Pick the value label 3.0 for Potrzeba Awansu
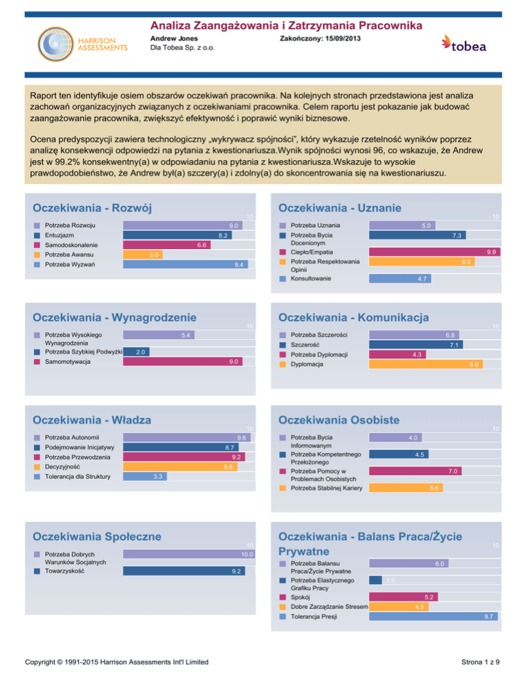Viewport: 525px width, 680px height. click(x=155, y=254)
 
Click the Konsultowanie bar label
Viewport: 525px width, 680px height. click(x=311, y=278)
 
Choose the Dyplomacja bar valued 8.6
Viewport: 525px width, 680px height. click(x=426, y=365)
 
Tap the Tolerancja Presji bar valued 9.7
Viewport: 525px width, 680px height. click(x=433, y=616)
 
